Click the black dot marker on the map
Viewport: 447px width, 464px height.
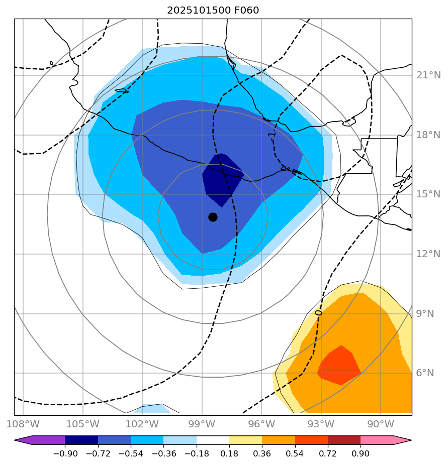click(213, 217)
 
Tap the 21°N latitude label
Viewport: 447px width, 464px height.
click(428, 75)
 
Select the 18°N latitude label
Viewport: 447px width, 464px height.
click(428, 135)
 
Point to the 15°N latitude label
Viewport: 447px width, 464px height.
click(428, 194)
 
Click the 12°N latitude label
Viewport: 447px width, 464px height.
click(428, 254)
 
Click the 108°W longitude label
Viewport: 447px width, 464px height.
click(24, 423)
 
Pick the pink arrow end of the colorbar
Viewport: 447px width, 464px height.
click(402, 440)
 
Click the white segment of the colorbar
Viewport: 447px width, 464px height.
click(213, 440)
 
